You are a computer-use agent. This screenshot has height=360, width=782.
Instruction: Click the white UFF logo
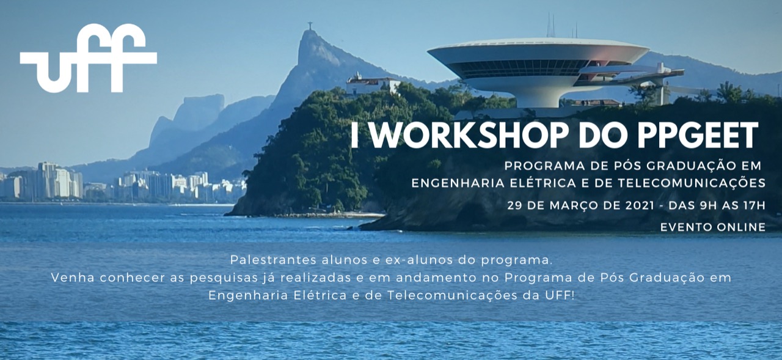point(89,57)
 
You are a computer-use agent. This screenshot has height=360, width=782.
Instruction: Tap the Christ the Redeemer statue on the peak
point(309,26)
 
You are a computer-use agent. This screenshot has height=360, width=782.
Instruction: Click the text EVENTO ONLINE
point(713,227)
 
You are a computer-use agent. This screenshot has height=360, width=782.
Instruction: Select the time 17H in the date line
point(755,205)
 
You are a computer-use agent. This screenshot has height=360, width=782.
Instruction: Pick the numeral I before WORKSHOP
point(355,135)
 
